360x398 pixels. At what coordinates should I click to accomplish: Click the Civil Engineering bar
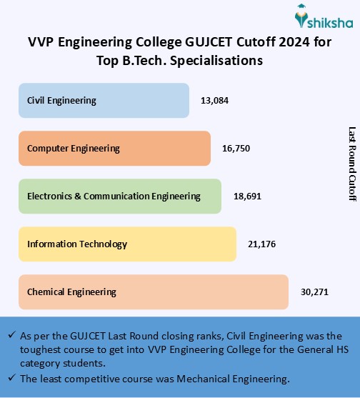point(104,101)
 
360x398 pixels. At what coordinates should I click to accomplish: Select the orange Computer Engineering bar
point(114,149)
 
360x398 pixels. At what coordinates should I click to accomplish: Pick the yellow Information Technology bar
point(127,244)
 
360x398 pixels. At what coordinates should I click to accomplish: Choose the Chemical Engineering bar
point(153,292)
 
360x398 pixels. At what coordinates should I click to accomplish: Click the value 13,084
point(214,101)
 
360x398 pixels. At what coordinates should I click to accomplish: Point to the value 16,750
point(236,149)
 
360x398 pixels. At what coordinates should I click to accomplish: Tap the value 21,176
point(261,244)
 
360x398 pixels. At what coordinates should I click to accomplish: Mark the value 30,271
point(314,292)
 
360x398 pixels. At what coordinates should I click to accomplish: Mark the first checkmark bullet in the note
point(12,335)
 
